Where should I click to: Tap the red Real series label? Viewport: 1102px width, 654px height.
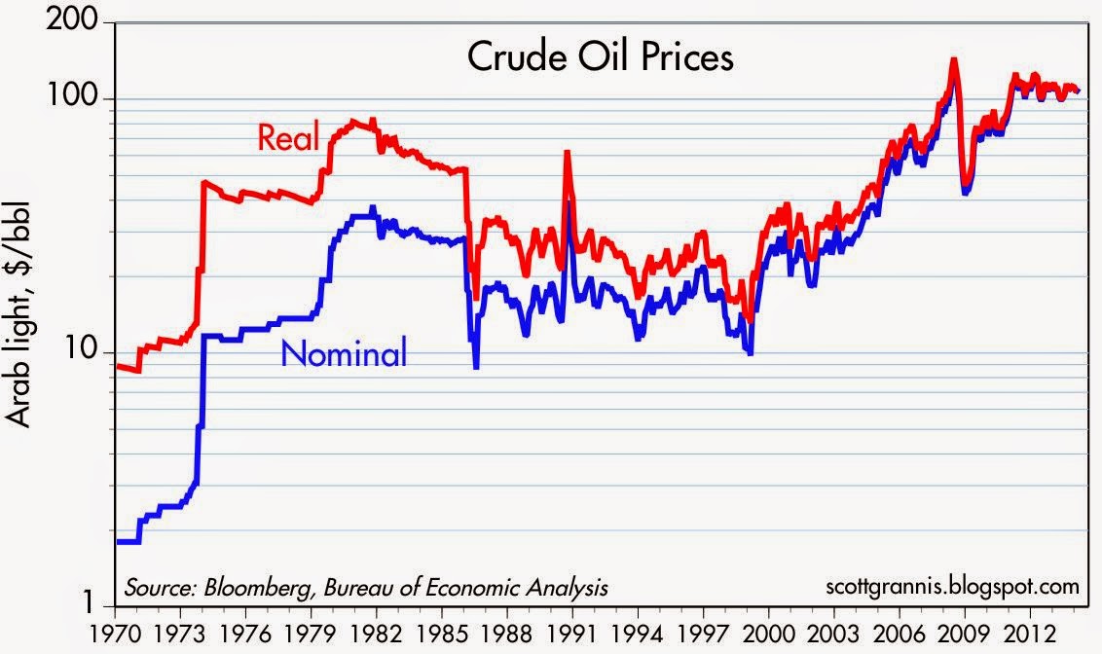tap(288, 138)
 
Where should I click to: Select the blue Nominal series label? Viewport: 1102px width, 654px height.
tap(344, 354)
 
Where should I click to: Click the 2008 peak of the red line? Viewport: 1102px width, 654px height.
tap(953, 60)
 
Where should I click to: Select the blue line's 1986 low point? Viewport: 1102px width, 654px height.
tap(476, 367)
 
